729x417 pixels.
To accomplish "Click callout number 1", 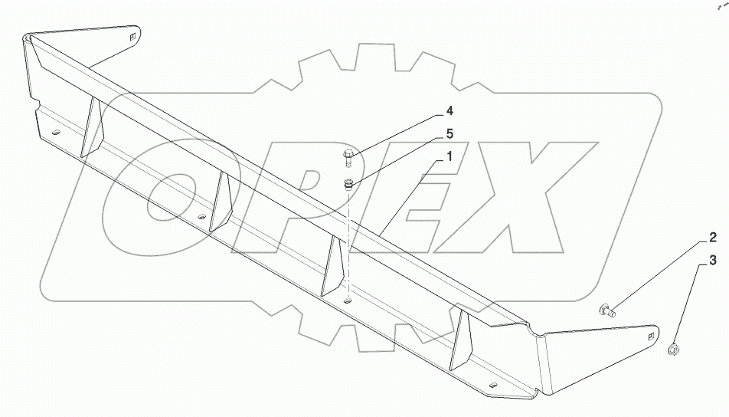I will click(x=450, y=156).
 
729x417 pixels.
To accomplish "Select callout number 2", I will click(x=711, y=237).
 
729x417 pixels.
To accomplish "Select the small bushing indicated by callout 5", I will click(x=348, y=183).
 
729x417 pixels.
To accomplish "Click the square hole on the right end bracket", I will click(x=651, y=335).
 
